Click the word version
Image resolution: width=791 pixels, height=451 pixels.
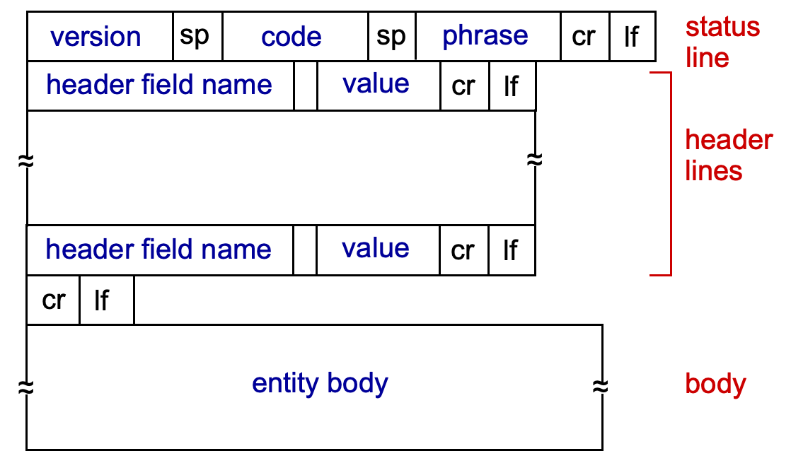click(96, 37)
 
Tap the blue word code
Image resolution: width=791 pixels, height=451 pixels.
click(291, 37)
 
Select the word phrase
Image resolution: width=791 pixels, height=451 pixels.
click(485, 36)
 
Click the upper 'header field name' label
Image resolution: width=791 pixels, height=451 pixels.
click(159, 85)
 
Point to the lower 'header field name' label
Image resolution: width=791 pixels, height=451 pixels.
click(158, 249)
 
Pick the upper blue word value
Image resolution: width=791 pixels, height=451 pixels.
click(376, 83)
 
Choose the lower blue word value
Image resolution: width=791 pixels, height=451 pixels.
click(375, 248)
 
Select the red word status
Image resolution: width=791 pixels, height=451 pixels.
click(722, 28)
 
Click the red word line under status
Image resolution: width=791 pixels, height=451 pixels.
click(707, 58)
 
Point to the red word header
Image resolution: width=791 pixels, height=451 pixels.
click(728, 140)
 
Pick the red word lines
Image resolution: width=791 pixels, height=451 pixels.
click(713, 171)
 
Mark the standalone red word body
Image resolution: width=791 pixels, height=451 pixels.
click(715, 384)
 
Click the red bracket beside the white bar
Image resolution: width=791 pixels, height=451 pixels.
click(670, 173)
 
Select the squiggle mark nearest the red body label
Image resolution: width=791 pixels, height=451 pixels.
click(600, 388)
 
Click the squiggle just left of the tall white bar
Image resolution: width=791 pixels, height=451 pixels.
click(534, 162)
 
